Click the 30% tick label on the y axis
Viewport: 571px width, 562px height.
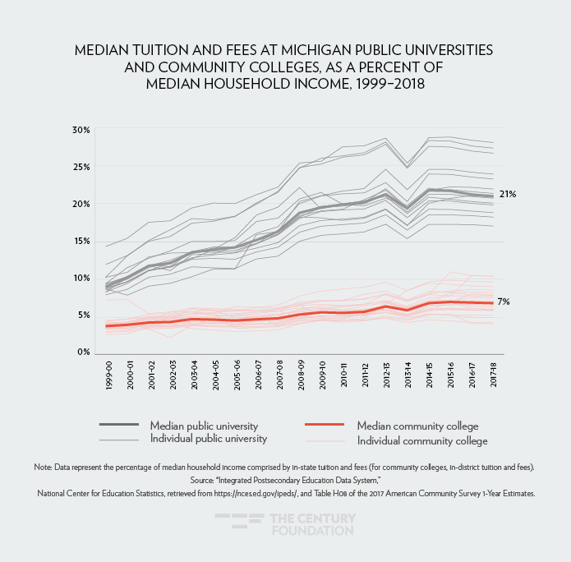(80, 130)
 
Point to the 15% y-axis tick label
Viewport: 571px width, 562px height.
(80, 241)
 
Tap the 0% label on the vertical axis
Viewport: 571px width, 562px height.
(82, 352)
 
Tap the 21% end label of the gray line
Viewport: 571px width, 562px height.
(507, 194)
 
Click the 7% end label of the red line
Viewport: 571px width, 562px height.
(504, 302)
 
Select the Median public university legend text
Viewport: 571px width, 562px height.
(204, 426)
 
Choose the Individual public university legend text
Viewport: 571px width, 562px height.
(209, 440)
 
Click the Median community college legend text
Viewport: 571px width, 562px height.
(417, 426)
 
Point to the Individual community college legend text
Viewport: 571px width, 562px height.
(422, 440)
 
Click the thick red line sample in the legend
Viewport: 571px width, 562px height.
(324, 426)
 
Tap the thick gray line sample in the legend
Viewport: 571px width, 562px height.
(118, 426)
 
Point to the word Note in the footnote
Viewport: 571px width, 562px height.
(44, 467)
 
